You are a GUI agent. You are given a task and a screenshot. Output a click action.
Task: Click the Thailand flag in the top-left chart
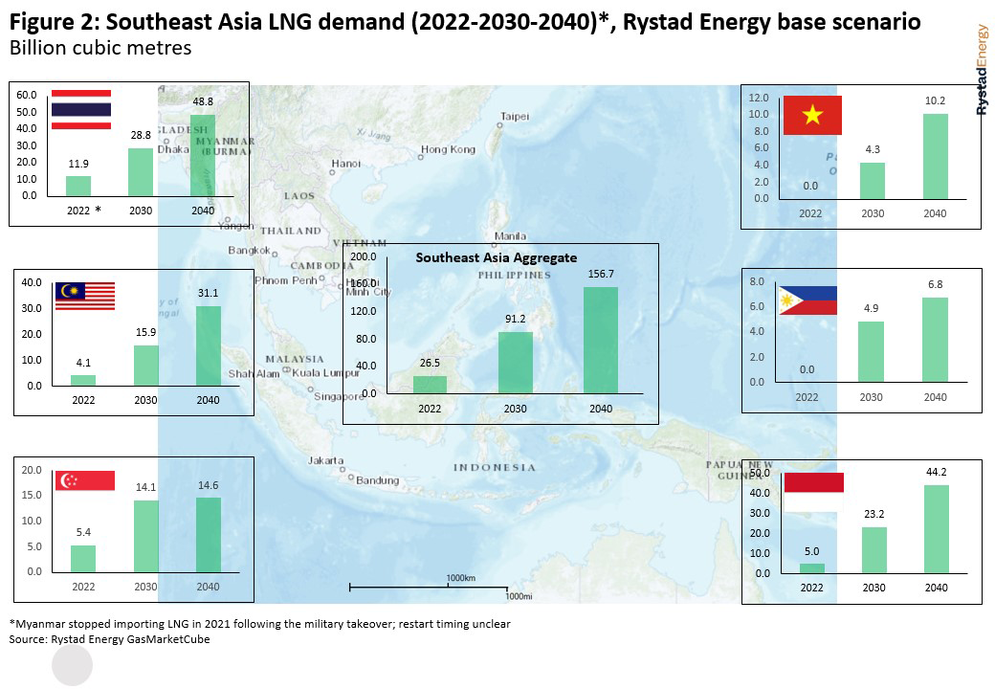(80, 108)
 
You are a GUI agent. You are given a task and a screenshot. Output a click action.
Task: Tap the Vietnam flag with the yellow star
(812, 116)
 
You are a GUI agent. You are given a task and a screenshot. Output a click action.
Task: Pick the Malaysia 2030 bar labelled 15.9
(146, 366)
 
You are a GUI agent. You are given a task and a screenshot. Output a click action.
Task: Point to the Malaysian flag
(85, 296)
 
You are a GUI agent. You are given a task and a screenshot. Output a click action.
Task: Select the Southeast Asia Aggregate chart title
(496, 257)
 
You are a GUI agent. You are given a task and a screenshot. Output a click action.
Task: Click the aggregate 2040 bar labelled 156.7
(601, 340)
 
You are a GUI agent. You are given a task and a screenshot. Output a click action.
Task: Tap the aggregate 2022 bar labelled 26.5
(430, 384)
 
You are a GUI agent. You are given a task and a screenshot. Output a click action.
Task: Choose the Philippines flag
(807, 300)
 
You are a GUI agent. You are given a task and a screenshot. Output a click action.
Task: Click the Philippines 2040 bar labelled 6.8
(935, 340)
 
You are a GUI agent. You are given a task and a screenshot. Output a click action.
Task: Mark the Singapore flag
(85, 480)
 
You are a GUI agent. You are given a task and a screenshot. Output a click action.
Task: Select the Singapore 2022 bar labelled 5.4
(83, 558)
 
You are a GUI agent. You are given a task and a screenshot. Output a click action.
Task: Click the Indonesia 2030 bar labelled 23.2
(873, 550)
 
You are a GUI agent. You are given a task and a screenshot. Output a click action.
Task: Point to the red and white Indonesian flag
(813, 491)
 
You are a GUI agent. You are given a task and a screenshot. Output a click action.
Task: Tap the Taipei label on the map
(515, 117)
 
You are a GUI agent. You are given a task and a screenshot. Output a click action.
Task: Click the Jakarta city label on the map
(325, 460)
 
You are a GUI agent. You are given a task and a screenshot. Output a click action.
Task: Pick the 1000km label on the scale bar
(460, 578)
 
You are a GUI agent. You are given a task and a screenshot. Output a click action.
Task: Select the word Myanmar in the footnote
(37, 624)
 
